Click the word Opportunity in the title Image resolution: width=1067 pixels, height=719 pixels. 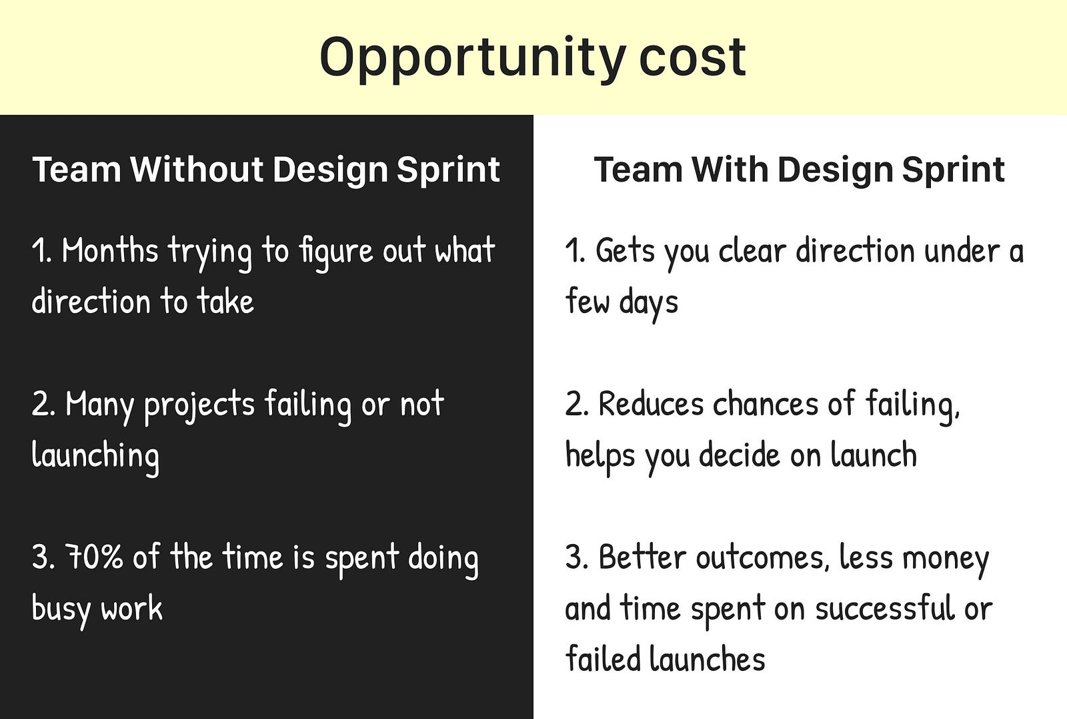pyautogui.click(x=473, y=59)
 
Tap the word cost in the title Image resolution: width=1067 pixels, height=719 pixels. pyautogui.click(x=693, y=57)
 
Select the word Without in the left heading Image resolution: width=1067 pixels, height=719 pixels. pyautogui.click(x=197, y=169)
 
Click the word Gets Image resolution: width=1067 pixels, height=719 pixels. pyautogui.click(x=625, y=250)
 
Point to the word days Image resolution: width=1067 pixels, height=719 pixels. pyautogui.click(x=648, y=303)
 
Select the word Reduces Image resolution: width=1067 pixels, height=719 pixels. pyautogui.click(x=651, y=403)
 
